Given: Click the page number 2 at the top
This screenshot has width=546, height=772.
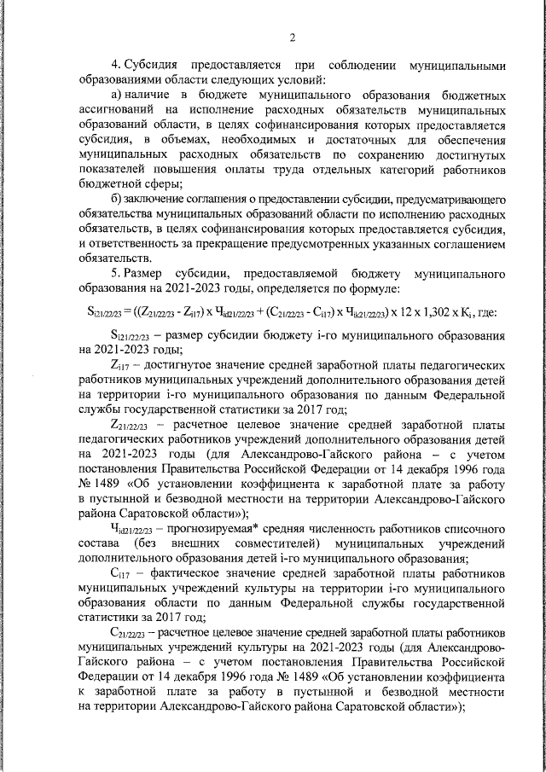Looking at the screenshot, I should click(292, 37).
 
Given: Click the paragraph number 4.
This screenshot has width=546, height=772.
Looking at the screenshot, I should click(116, 66).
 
